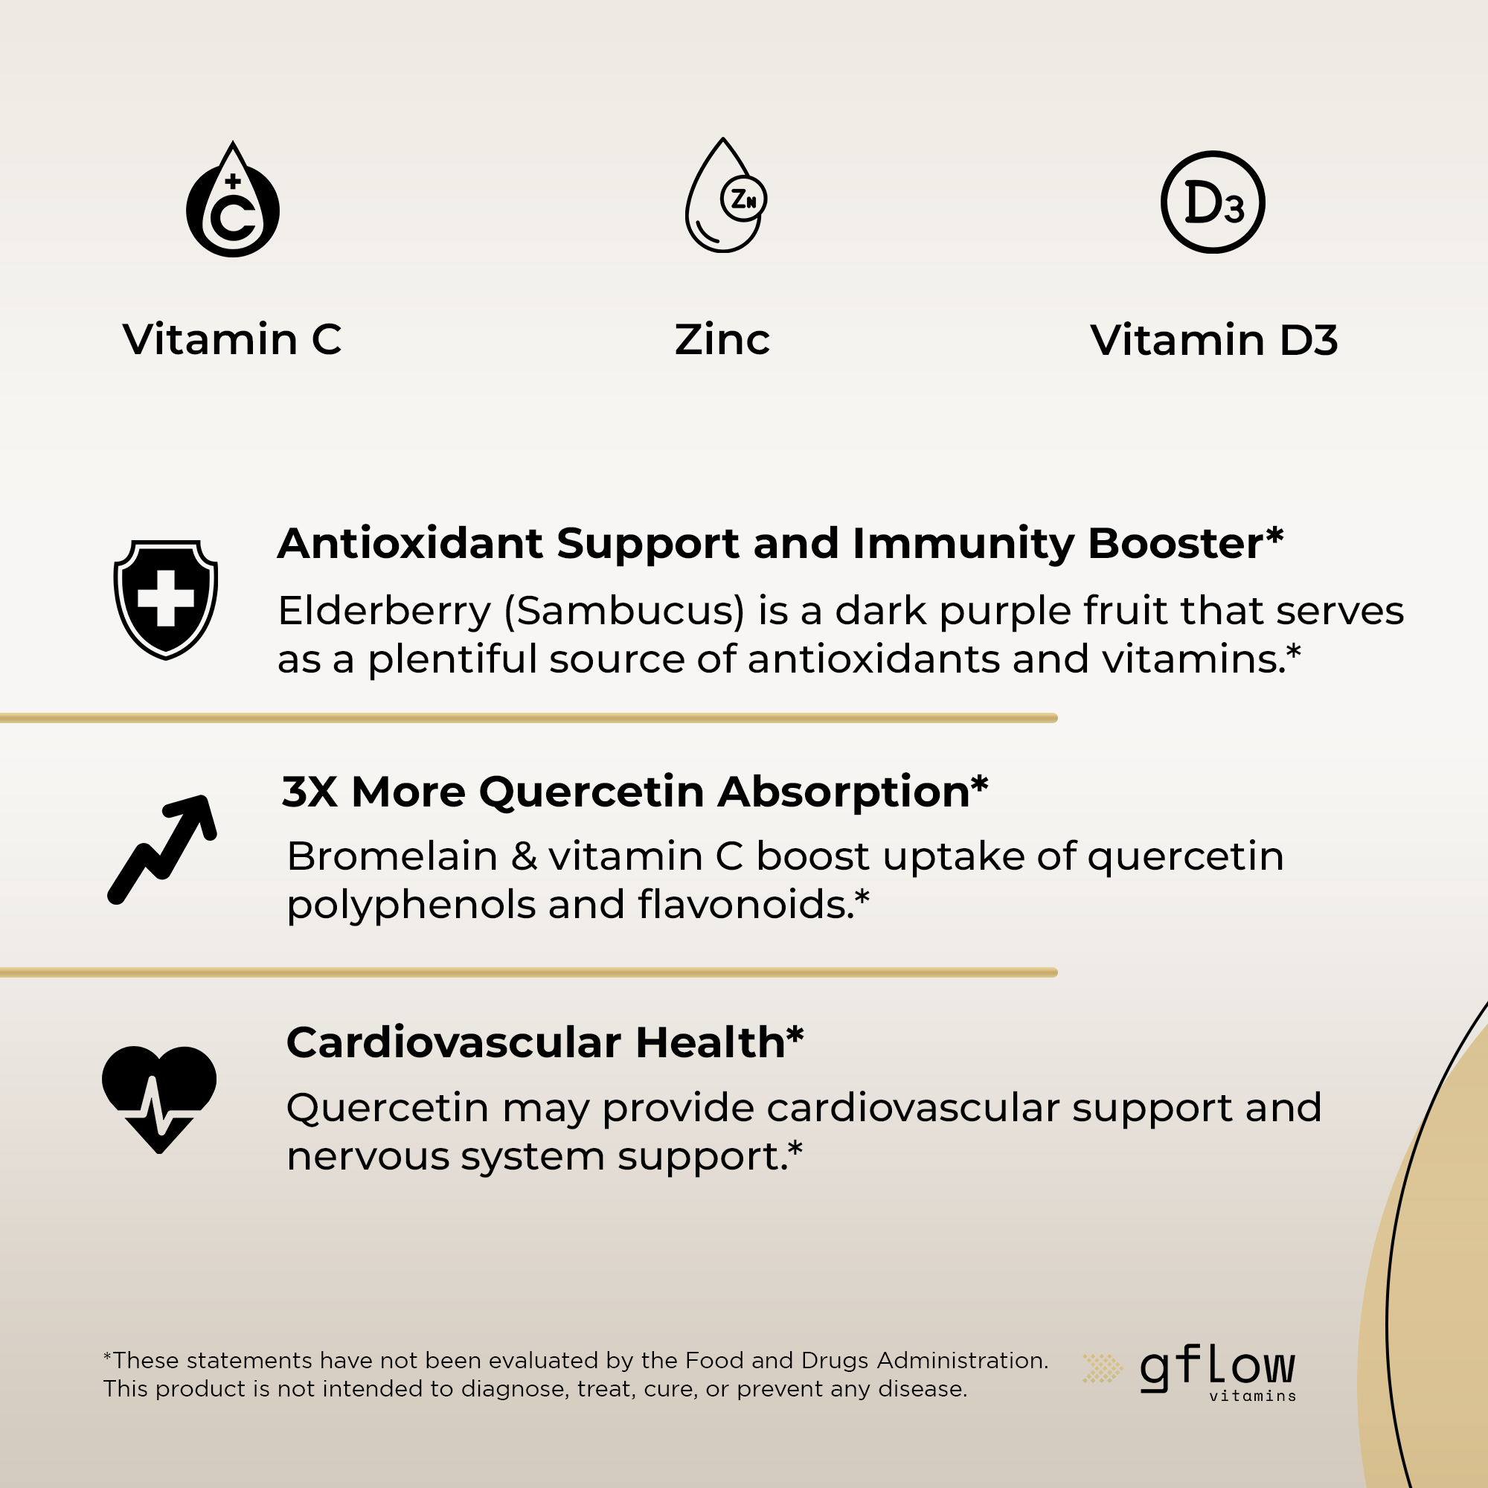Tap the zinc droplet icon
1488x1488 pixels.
725,196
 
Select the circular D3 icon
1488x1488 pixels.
1212,202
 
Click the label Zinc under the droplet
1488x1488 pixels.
722,340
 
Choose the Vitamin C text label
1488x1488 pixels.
232,340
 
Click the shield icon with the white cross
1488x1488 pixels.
166,599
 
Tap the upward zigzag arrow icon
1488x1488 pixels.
162,849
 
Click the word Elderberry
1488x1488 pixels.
385,612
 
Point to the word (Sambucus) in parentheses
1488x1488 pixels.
625,612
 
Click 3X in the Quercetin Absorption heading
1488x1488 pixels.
310,791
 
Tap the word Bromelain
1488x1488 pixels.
392,856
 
